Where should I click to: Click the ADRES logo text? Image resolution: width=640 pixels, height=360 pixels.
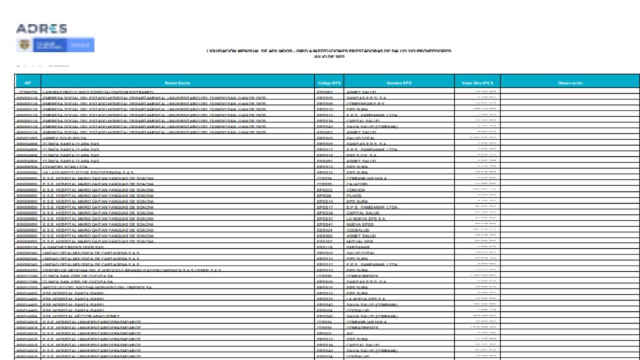[x=41, y=29]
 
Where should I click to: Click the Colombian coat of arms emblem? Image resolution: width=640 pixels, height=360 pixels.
[x=27, y=45]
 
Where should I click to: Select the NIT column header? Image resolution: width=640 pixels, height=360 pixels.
[x=27, y=82]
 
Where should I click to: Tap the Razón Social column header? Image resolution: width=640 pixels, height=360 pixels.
[x=177, y=82]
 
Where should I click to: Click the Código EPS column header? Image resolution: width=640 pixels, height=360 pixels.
[x=329, y=82]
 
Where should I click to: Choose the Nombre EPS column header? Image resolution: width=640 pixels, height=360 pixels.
[x=399, y=82]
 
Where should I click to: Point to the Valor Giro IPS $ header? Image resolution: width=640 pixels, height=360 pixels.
[x=477, y=82]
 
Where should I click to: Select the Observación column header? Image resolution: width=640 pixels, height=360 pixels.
[x=569, y=82]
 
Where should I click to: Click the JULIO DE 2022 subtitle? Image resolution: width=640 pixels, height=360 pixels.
[x=329, y=57]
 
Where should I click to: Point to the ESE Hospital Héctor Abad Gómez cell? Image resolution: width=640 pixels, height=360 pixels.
[x=81, y=316]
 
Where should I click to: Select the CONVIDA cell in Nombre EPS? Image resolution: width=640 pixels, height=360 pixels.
[x=357, y=190]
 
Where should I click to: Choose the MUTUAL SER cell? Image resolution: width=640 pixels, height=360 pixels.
[x=360, y=241]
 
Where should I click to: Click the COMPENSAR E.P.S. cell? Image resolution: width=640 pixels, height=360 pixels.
[x=366, y=104]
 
